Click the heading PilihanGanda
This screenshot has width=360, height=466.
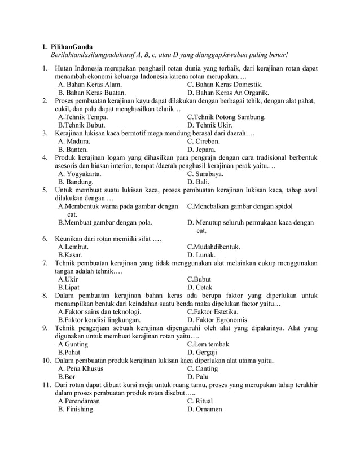(72, 46)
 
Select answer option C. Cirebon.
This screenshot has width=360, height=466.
(203, 141)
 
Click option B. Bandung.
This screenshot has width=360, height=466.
(76, 183)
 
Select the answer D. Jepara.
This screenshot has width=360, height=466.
(200, 150)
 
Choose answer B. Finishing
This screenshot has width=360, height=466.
(76, 409)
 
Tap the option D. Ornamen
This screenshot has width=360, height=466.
(205, 409)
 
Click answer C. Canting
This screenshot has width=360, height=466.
(202, 368)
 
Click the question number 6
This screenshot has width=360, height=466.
(45, 239)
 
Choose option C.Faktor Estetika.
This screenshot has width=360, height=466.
(212, 311)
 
